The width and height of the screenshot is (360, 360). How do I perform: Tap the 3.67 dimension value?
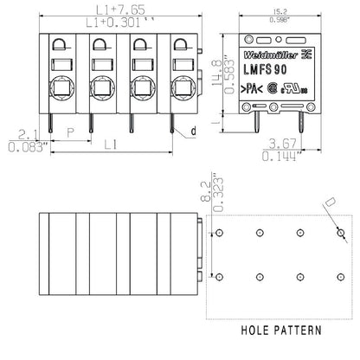282,144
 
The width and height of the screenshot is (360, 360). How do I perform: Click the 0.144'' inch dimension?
282,158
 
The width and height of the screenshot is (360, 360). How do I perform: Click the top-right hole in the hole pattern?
340,234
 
